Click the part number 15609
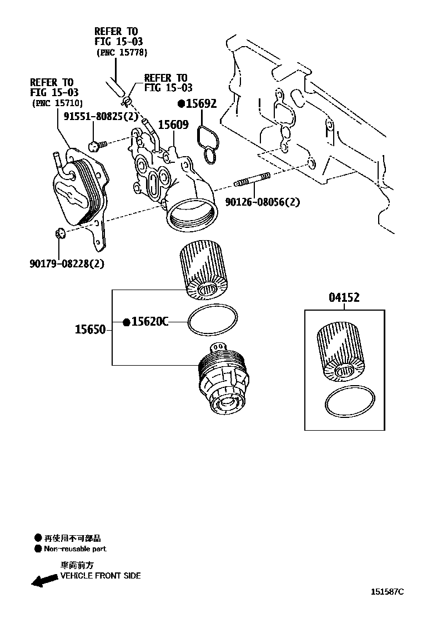pos(173,125)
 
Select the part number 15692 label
pos(200,103)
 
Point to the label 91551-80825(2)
pos(101,116)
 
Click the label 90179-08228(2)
pos(67,263)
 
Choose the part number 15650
pos(90,330)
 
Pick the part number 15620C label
pos(149,321)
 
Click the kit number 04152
pos(344,297)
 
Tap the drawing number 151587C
pos(388,591)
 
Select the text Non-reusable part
pos(75,549)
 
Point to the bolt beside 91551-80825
pos(95,146)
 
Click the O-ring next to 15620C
pos(213,322)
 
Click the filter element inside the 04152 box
pos(339,354)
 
